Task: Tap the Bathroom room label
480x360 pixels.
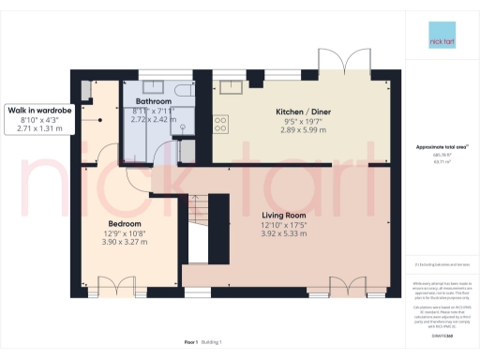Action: pyautogui.click(x=153, y=100)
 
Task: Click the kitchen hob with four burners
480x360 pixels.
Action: pyautogui.click(x=222, y=122)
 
